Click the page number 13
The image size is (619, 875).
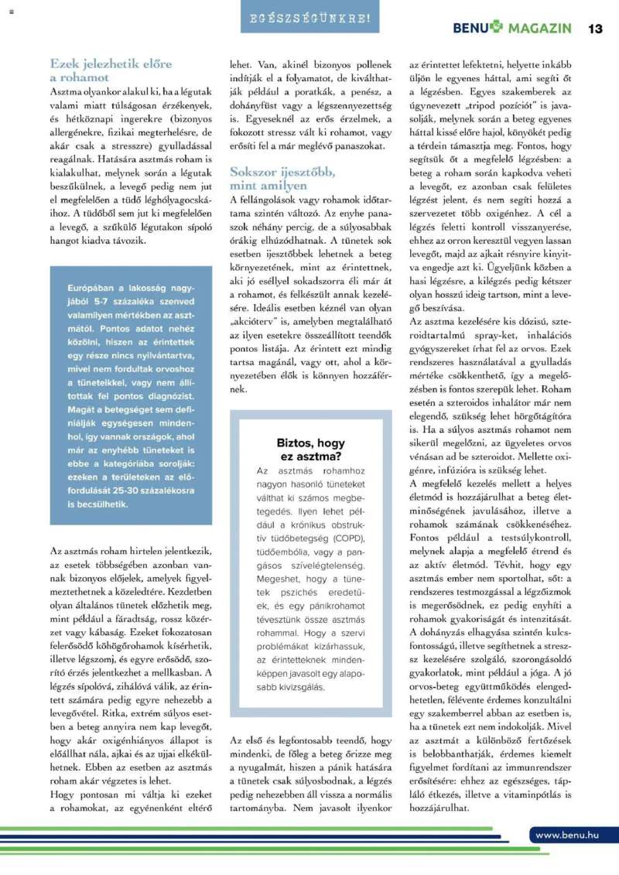595,29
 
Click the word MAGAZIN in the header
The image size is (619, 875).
539,29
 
